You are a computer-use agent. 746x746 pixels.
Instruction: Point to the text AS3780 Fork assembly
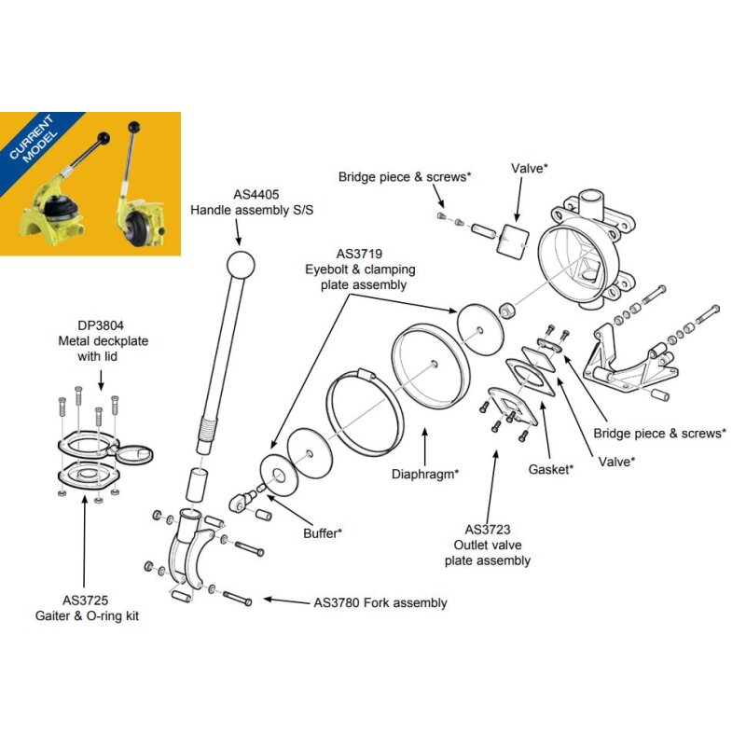(380, 603)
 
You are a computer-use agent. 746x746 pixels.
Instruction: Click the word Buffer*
(323, 534)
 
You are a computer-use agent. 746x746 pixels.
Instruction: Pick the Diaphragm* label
(425, 473)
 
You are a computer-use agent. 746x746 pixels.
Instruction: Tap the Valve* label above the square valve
(530, 168)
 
